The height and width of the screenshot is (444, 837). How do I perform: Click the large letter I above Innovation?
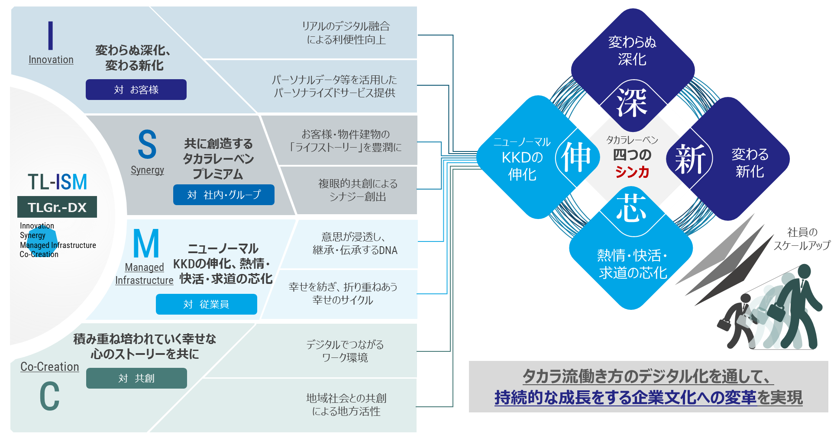[x=51, y=35]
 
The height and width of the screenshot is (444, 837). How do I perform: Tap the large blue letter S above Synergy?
[x=147, y=145]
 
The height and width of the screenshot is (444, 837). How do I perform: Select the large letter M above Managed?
[x=146, y=244]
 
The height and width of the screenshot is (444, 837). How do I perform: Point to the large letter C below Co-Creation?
[x=49, y=396]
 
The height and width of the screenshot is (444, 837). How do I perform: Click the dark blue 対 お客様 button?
[x=136, y=90]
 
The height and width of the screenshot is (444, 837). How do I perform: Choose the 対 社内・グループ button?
[x=223, y=195]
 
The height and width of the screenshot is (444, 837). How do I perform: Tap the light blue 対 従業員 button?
[x=206, y=304]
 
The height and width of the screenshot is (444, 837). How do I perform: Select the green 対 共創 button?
[x=136, y=378]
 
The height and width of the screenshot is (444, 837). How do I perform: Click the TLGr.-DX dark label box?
[x=57, y=207]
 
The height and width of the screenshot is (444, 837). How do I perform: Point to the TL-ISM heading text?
[x=58, y=182]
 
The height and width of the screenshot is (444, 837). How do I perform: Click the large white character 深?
[x=632, y=103]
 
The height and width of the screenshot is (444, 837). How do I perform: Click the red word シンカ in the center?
[x=632, y=172]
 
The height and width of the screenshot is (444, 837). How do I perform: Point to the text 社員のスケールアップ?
[x=802, y=239]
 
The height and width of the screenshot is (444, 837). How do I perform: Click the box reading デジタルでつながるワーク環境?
[x=345, y=351]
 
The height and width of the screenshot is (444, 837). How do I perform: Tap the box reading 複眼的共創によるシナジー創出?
[x=358, y=190]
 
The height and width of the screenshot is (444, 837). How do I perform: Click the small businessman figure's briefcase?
[x=724, y=324]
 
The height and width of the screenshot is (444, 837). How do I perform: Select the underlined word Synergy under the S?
[x=147, y=170]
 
